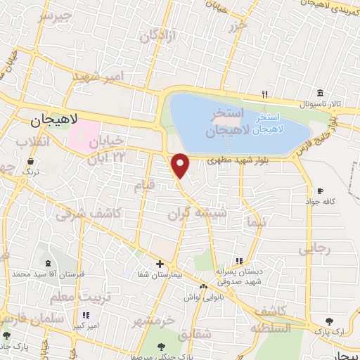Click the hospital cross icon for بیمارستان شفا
pos(161,263)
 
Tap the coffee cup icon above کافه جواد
pos(321,191)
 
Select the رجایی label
pos(314,248)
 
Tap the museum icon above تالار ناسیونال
pos(320,94)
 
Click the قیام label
pos(144,186)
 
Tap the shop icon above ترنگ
pos(30,161)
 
